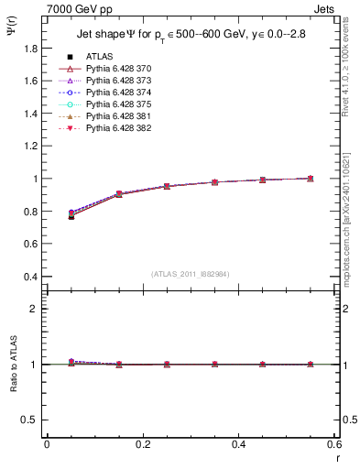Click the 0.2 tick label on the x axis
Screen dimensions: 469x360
142,444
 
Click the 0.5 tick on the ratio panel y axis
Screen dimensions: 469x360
29,420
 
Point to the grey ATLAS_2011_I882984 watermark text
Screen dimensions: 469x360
191,274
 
